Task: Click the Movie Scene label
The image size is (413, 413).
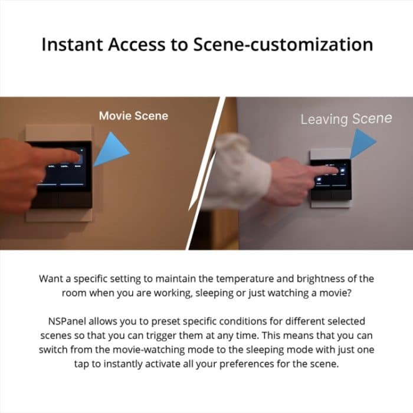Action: pyautogui.click(x=133, y=116)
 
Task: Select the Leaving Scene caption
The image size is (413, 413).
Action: pyautogui.click(x=346, y=119)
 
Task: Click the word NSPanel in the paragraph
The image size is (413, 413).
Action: pyautogui.click(x=70, y=322)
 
